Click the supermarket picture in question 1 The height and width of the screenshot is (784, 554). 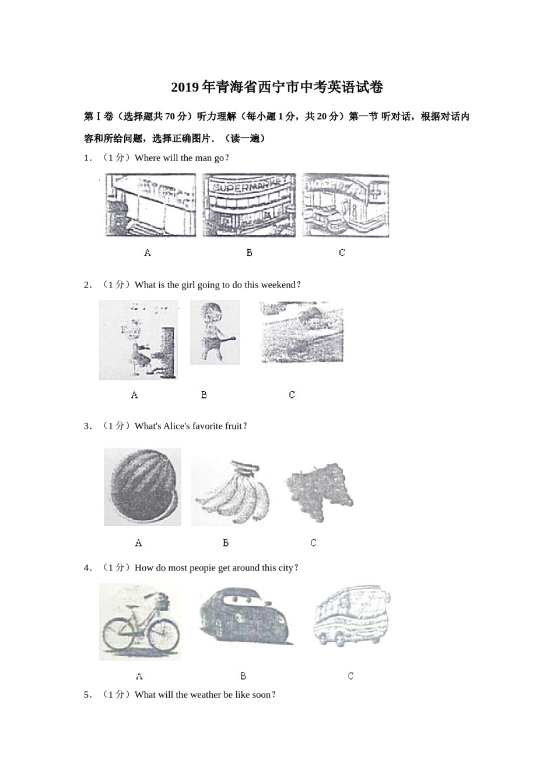(x=249, y=205)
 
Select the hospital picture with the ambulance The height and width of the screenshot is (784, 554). (x=345, y=205)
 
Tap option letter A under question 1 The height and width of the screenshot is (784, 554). (x=148, y=253)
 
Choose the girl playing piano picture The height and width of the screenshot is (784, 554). (x=138, y=340)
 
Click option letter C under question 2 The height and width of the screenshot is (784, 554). (x=292, y=395)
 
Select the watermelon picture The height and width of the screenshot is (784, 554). (x=142, y=487)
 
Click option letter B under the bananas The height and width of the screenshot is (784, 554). (x=226, y=543)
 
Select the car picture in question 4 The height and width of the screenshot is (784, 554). (x=246, y=616)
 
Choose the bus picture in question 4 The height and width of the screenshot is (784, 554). (x=351, y=615)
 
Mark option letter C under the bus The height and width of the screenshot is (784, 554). (x=350, y=676)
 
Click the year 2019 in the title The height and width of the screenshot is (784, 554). (x=185, y=87)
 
